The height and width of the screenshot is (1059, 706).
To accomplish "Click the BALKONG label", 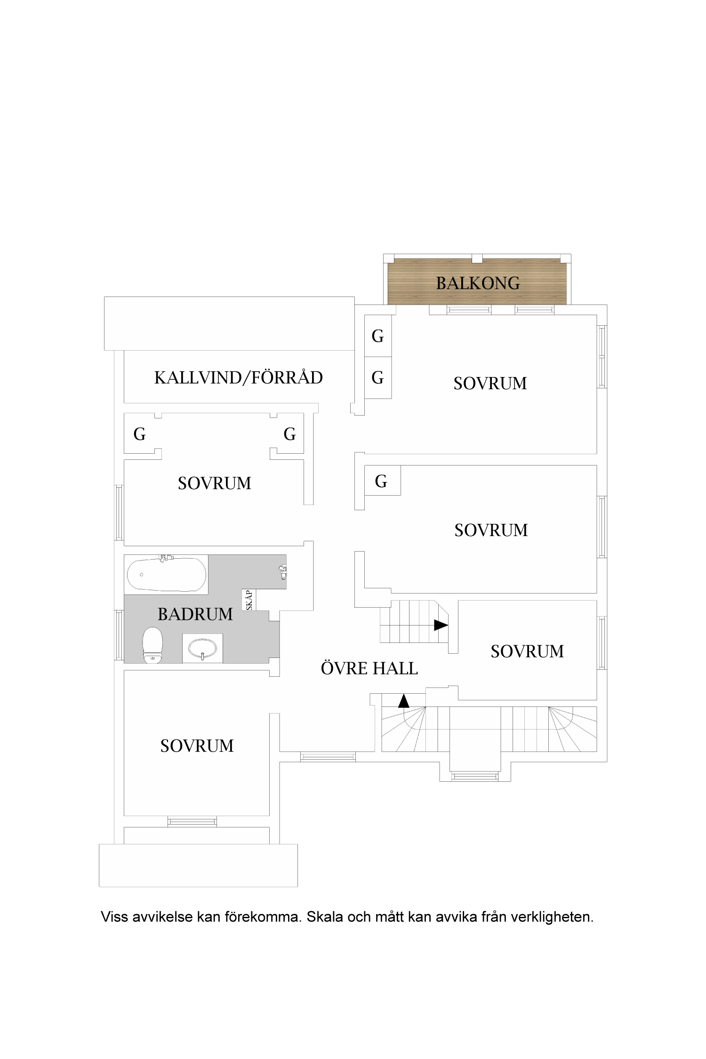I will (478, 283).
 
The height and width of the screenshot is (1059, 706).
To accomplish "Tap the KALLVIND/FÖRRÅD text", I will (239, 378).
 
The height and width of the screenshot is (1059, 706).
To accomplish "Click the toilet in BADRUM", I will (152, 645).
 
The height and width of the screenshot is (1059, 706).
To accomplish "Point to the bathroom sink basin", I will (203, 649).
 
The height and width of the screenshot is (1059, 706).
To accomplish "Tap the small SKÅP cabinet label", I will (249, 600).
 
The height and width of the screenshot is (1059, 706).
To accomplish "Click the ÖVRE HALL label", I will (369, 669).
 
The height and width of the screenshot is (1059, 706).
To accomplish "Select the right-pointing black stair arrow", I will (441, 625).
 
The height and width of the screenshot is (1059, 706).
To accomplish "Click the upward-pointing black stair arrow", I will (404, 701).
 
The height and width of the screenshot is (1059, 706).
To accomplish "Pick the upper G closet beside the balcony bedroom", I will (378, 336).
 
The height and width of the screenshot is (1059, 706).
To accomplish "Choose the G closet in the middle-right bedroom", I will (381, 481).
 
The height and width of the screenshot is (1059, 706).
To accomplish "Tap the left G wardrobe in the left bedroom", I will (140, 434).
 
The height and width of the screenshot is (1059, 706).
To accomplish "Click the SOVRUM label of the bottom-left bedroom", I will (197, 746).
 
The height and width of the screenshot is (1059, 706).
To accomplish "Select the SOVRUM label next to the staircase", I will (527, 651).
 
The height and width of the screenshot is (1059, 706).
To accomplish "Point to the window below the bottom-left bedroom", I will (193, 822).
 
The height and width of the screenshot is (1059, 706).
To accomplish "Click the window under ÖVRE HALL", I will (328, 757).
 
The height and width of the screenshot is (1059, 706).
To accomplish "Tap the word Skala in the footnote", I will (325, 917).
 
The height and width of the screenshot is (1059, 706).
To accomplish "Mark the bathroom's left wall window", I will (119, 635).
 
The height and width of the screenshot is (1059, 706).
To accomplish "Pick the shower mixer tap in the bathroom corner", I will (282, 572).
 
